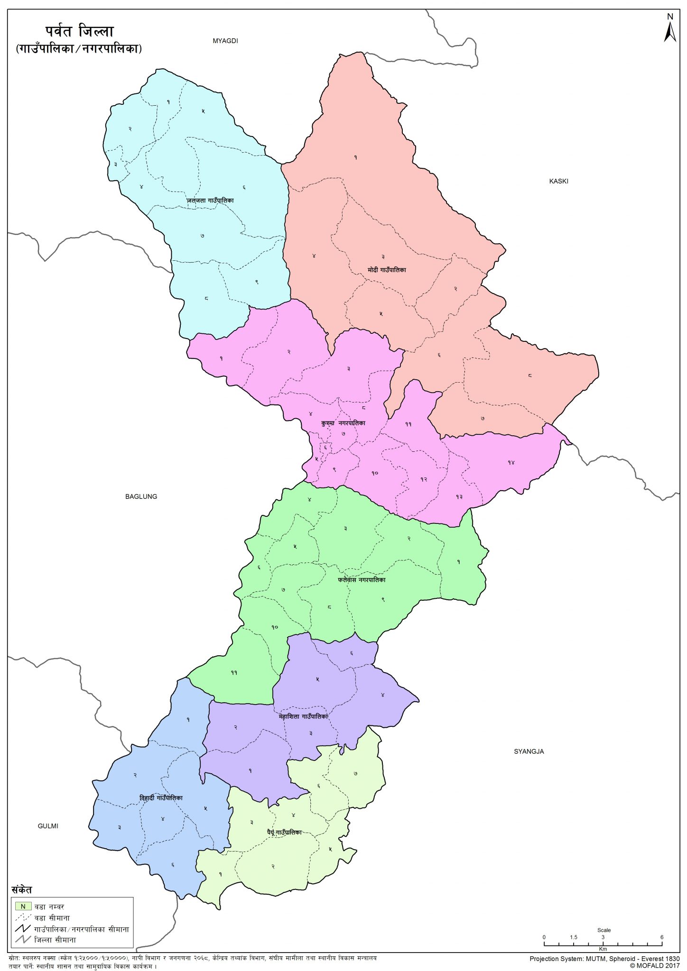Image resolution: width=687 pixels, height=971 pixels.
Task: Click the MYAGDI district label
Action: coord(225,41)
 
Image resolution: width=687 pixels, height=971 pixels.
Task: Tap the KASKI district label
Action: coord(558,181)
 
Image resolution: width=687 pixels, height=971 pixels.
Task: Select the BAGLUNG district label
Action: coord(141,496)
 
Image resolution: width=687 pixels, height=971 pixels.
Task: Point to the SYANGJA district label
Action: coord(529,751)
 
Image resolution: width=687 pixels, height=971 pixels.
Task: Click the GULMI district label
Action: coord(48,826)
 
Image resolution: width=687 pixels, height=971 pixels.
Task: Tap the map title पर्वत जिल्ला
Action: coord(80,32)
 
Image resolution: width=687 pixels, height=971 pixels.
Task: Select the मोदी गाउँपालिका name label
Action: coord(387,270)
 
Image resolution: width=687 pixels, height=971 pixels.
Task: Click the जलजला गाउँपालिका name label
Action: coord(210,201)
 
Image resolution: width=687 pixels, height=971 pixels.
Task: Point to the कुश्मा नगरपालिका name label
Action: coord(343,423)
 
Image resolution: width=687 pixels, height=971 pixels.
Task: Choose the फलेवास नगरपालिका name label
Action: coord(362,580)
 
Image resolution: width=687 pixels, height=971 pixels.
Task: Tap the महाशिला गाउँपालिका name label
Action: coord(303,717)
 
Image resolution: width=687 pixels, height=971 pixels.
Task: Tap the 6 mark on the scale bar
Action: coord(661,937)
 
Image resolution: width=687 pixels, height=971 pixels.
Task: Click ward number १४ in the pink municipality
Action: coord(511,462)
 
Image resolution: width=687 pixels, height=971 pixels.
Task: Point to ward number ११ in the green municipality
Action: coord(234,672)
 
